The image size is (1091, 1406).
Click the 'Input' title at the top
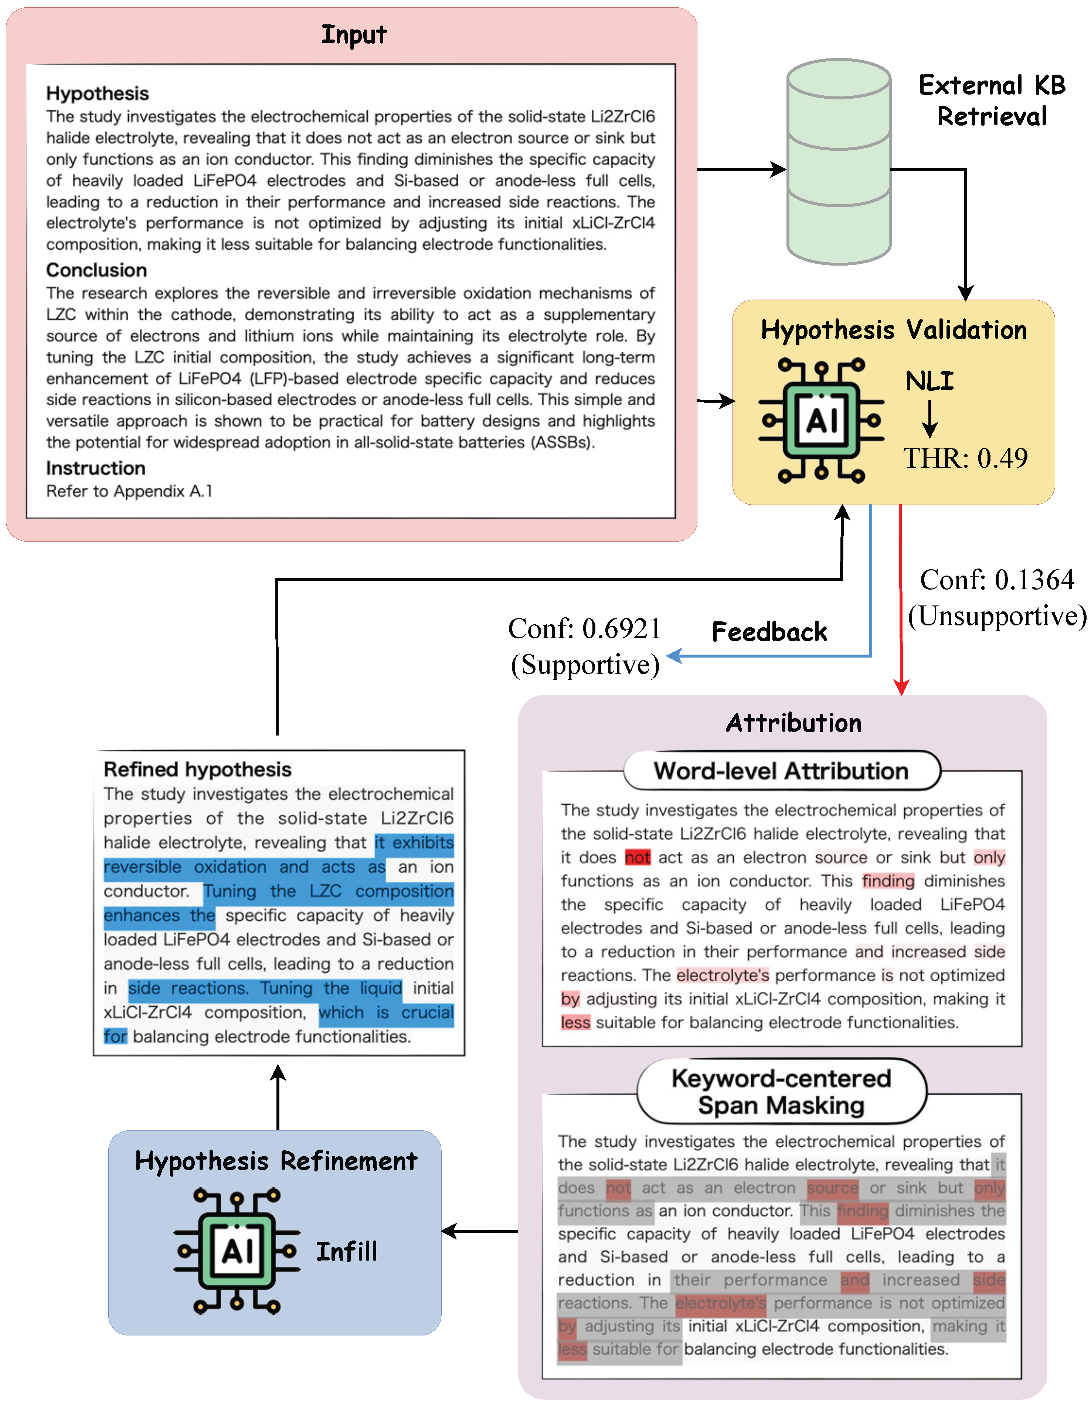(354, 35)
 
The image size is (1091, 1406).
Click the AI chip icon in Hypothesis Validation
(821, 420)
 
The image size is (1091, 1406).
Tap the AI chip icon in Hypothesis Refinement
(237, 1251)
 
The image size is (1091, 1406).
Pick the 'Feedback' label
(769, 632)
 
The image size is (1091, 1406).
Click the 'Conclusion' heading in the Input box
(96, 270)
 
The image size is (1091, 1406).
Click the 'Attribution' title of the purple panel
(793, 723)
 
